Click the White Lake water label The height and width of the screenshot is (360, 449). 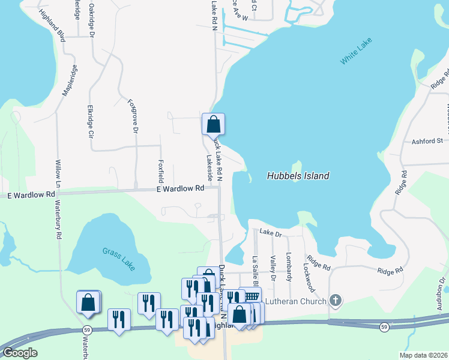tap(356, 51)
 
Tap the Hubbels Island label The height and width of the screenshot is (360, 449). tap(298, 176)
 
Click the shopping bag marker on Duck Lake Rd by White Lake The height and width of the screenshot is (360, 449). tap(213, 125)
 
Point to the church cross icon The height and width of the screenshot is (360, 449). tap(336, 301)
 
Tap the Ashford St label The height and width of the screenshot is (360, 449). tap(427, 142)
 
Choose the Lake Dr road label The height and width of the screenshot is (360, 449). tap(270, 232)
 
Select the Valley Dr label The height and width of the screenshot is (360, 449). tap(273, 268)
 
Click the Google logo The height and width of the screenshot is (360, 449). tap(20, 353)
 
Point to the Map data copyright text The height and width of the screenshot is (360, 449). tap(423, 355)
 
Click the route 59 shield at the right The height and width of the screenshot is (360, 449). tap(384, 326)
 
